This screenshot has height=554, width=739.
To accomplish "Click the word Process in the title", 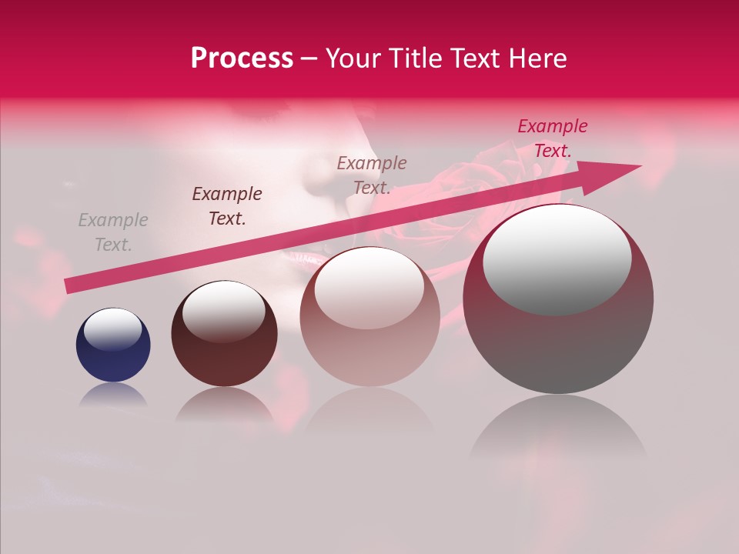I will point(242,58).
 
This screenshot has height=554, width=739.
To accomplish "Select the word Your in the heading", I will point(354,58).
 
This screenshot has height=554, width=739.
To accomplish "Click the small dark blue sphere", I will point(113,345).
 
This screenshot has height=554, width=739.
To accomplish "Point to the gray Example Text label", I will point(113,232).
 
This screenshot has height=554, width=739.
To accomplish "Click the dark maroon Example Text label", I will point(227,206).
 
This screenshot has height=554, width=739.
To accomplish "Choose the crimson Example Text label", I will point(552,138).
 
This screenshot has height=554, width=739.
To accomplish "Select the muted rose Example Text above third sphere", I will point(372,175).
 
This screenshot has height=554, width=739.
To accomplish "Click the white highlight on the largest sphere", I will point(557,258).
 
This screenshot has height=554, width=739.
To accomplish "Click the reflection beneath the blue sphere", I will point(113,395).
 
